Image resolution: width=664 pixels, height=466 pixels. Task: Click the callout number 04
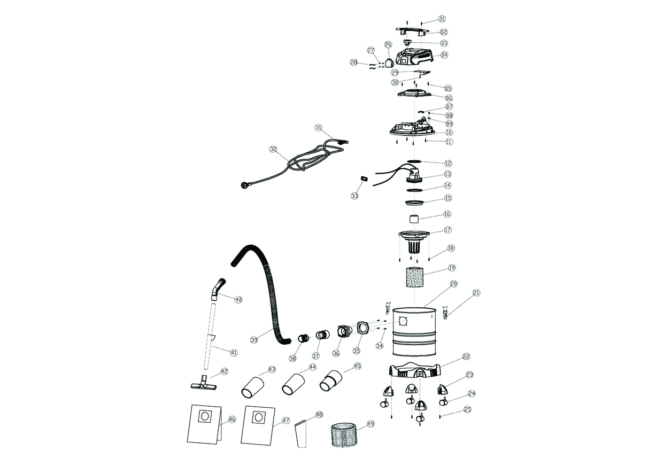click(444, 55)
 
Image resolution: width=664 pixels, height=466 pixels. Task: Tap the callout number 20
click(454, 284)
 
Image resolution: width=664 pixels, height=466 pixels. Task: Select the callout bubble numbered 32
click(273, 150)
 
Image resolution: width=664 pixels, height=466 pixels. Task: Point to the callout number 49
click(370, 425)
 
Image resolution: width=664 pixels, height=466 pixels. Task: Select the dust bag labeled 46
click(204, 424)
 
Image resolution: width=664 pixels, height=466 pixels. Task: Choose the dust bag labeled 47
click(258, 424)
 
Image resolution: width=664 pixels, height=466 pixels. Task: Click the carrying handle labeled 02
click(413, 32)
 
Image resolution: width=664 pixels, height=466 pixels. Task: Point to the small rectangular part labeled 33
click(363, 178)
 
